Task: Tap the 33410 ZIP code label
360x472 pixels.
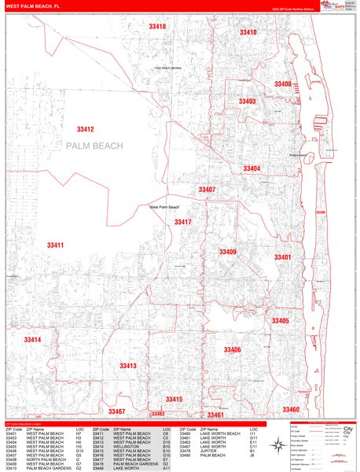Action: pos(248,32)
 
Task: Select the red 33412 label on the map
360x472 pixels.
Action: pos(86,129)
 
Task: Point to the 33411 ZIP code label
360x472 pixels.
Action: pos(55,245)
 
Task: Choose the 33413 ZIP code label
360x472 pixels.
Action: pos(128,366)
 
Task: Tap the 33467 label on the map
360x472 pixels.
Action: pos(116,411)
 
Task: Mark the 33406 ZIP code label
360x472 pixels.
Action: pos(232,349)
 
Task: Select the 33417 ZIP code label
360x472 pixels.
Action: pos(183,223)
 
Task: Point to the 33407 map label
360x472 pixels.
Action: pos(207,190)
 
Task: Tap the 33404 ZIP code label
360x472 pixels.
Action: pos(251,168)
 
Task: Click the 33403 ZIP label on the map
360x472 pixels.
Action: pos(247,101)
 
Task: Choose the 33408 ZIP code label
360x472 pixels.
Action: pos(282,84)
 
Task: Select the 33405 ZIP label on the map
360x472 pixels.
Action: pos(281,321)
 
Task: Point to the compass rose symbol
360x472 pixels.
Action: pos(279,446)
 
